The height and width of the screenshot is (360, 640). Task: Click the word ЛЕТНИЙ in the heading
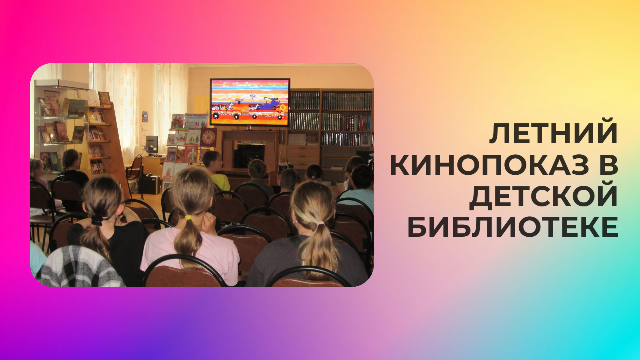tap(554, 134)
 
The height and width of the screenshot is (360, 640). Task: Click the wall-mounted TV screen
tap(250, 102)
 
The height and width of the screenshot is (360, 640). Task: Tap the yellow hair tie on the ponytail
tap(188, 218)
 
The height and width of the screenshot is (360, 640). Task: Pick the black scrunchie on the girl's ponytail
tap(97, 220)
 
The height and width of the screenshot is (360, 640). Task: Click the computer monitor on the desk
tap(152, 144)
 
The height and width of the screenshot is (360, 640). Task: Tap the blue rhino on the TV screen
tap(269, 105)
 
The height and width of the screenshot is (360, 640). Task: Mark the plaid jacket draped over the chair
tap(80, 267)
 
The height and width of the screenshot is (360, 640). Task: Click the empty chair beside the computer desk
tap(136, 175)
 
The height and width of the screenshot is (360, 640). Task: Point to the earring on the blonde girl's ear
tap(295, 222)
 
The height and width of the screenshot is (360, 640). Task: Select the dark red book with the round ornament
tap(208, 137)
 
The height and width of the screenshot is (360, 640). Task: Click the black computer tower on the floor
tap(151, 184)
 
